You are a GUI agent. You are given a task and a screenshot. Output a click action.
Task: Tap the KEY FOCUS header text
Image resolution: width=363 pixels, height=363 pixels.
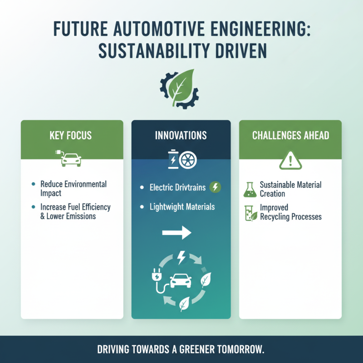(x=72, y=135)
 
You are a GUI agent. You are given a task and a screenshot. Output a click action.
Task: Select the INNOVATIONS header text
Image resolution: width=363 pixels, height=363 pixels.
(x=181, y=135)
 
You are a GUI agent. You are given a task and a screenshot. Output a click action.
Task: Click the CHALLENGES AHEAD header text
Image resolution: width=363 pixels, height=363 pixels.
(x=290, y=135)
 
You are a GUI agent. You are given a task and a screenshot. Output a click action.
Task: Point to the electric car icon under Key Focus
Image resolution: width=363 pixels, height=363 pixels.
(x=71, y=159)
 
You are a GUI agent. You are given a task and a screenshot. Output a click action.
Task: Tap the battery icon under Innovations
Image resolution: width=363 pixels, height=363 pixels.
(x=172, y=160)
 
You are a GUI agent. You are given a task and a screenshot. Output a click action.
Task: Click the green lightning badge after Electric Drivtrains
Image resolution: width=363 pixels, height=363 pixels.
(x=216, y=187)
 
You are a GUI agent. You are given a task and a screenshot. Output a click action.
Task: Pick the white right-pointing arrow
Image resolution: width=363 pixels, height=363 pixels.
(x=177, y=234)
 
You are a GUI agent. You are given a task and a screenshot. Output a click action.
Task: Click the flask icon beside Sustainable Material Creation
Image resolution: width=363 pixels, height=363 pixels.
(x=249, y=189)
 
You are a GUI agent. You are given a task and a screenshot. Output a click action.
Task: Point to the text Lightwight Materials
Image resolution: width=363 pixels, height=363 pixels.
(x=182, y=207)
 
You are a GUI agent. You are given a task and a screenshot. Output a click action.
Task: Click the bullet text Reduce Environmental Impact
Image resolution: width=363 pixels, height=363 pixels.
(x=73, y=188)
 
